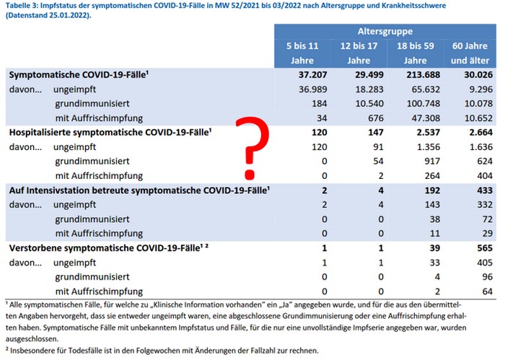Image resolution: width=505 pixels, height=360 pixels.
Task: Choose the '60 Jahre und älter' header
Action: [470, 53]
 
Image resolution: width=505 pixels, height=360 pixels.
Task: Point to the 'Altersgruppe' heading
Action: [385, 32]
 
